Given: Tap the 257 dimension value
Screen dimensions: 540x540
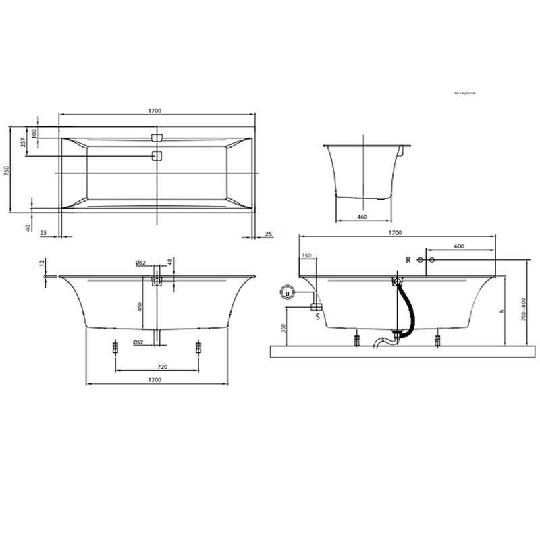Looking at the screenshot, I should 23,142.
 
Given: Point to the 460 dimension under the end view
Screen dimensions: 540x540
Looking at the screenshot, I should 363,217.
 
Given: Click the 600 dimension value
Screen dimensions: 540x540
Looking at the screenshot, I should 459,247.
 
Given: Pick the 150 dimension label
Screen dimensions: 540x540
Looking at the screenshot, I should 307,256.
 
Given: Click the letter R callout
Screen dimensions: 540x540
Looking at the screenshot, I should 408,260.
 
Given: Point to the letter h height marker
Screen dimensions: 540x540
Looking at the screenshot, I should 502,312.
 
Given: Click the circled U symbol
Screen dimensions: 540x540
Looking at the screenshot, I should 287,292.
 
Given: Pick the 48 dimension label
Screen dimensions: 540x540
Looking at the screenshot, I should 170,261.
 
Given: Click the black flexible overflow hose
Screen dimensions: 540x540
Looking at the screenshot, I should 408,307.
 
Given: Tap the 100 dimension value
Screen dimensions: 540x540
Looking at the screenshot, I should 36,133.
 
